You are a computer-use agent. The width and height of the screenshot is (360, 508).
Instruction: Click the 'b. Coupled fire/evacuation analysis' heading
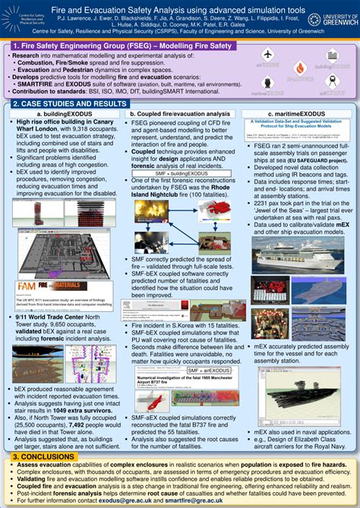coord(180,114)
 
